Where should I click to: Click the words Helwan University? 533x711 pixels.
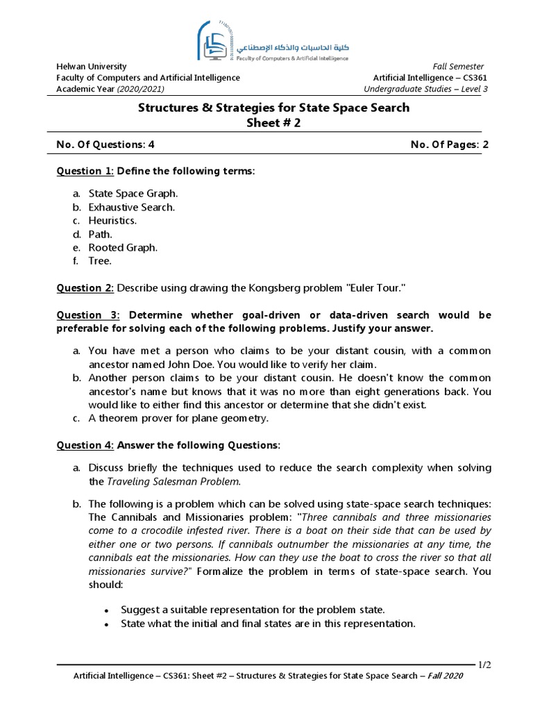92,67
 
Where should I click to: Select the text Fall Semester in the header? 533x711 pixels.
459,67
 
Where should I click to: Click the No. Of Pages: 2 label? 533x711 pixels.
450,145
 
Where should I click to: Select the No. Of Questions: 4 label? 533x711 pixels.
105,145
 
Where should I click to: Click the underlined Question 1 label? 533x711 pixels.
84,172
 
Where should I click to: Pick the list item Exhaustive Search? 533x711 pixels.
131,207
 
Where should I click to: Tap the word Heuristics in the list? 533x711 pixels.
112,221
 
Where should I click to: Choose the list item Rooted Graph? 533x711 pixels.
123,248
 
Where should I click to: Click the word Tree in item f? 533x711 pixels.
100,261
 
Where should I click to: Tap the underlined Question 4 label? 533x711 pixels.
84,445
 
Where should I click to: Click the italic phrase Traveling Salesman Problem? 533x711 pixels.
174,481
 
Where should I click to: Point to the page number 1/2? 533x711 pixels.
484,664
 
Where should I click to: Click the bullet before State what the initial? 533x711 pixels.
106,624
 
